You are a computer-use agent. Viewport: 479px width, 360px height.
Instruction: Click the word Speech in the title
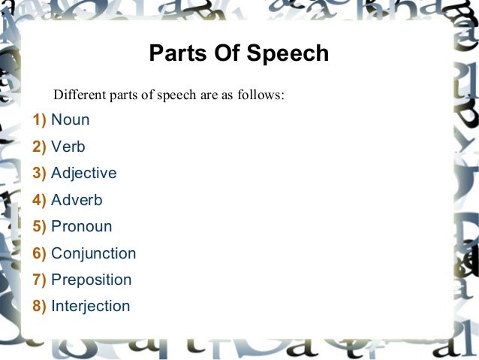point(291,55)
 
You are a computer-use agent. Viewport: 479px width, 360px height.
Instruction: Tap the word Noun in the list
point(70,119)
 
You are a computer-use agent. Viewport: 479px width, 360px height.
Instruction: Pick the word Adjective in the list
point(83,174)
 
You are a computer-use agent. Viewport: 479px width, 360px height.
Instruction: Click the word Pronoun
point(81,226)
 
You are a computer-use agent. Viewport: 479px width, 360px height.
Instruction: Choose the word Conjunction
point(93,253)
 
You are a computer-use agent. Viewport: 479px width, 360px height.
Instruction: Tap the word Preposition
point(91,280)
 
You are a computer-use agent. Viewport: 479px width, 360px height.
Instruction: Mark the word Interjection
point(90,306)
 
